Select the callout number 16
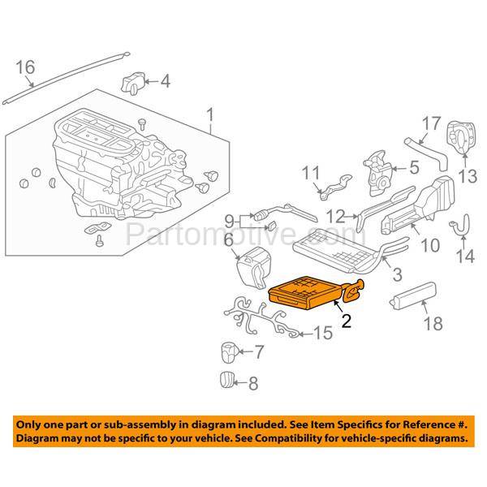(x=26, y=68)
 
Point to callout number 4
(x=165, y=81)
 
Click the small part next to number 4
(x=135, y=83)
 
